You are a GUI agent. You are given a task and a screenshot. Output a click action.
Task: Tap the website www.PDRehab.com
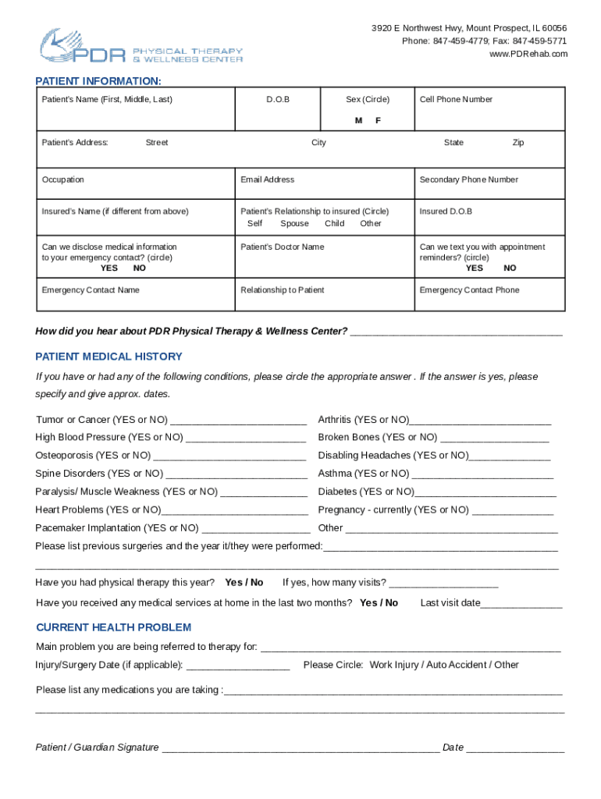tap(528, 54)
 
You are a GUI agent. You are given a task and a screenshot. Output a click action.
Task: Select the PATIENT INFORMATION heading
tap(98, 81)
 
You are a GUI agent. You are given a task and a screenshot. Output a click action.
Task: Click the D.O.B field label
tap(277, 99)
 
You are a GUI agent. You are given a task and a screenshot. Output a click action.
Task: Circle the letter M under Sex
tap(358, 120)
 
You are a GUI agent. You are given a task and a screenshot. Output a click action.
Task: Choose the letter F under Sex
tap(378, 120)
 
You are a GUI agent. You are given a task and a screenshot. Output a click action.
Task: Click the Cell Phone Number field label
tap(456, 99)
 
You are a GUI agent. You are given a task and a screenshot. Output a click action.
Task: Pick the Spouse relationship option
tap(294, 223)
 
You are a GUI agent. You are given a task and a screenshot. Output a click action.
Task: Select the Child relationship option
tap(335, 223)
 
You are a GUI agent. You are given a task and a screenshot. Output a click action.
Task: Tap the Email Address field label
tap(268, 179)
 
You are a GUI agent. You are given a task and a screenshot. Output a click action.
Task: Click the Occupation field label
tap(63, 179)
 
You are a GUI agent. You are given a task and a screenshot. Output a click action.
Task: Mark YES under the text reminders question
tap(475, 268)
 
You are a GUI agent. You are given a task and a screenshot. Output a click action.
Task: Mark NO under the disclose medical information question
tap(140, 268)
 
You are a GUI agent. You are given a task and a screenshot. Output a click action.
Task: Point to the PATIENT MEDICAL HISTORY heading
tap(109, 357)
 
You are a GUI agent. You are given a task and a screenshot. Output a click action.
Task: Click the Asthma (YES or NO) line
tap(363, 474)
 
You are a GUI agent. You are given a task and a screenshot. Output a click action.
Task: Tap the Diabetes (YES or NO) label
tap(366, 492)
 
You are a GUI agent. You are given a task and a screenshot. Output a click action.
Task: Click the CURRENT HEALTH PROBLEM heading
tap(114, 627)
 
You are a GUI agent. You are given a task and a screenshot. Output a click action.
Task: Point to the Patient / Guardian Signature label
tap(98, 748)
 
